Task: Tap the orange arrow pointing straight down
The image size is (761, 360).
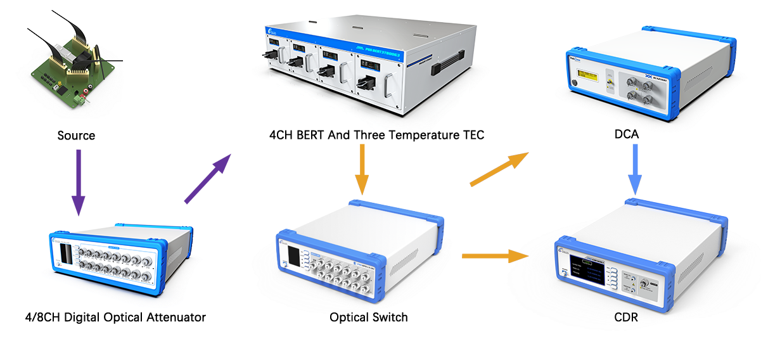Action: pos(361,169)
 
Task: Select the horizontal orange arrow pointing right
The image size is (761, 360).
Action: pos(495,256)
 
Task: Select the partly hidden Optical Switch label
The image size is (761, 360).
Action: pos(368,314)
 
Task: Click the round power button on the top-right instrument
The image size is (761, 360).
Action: pos(575,84)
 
